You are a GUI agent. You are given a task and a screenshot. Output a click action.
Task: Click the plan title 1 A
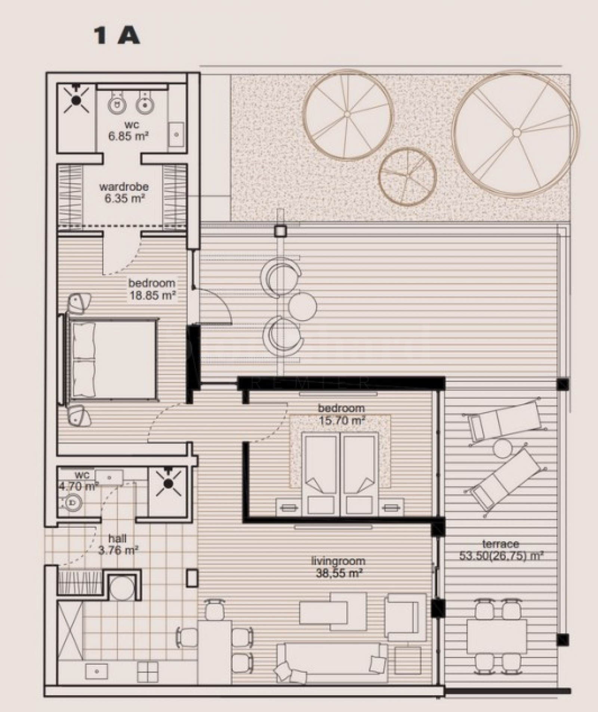[117, 37]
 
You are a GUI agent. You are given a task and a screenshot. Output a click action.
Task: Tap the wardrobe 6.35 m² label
[124, 192]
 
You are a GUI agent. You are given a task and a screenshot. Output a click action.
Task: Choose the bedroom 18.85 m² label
[152, 289]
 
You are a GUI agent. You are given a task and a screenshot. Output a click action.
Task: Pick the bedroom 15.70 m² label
[341, 414]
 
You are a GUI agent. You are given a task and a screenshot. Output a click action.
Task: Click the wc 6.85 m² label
[128, 130]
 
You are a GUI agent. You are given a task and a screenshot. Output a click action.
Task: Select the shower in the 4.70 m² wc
[168, 484]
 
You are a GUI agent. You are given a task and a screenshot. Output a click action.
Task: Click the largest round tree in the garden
[516, 133]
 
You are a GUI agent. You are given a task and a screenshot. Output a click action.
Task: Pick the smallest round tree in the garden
[407, 176]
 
